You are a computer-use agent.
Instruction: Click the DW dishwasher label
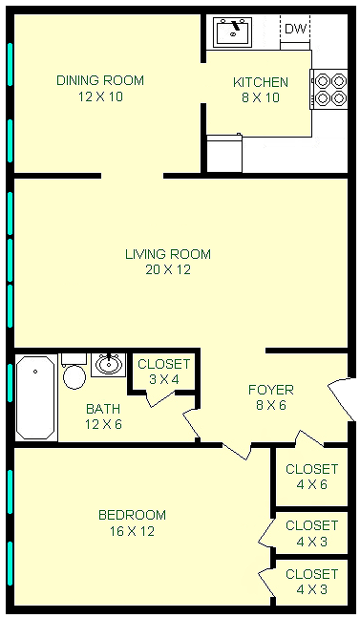point(295,29)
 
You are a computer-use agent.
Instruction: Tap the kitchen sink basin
point(233,32)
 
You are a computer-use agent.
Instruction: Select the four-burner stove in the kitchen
point(329,89)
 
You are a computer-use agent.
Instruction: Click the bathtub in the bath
point(36,397)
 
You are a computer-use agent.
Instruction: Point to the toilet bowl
point(74,376)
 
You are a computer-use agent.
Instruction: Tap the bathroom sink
point(108,365)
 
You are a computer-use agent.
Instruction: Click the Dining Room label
point(100,80)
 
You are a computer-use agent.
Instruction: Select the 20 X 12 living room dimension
point(168,270)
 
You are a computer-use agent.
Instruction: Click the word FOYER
point(271,391)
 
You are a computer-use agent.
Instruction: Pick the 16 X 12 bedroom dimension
point(132,531)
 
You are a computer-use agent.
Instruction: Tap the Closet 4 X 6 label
point(312,477)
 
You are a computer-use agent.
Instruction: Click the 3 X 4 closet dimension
point(164,379)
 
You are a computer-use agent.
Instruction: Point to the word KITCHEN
point(261,82)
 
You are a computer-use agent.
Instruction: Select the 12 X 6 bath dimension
point(103,424)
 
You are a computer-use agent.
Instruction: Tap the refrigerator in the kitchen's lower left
point(224,154)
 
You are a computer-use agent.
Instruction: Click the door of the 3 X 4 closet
point(159,399)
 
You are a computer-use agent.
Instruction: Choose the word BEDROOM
point(133,515)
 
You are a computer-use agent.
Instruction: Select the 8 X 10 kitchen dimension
point(261,97)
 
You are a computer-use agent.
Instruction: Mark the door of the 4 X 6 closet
point(309,438)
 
